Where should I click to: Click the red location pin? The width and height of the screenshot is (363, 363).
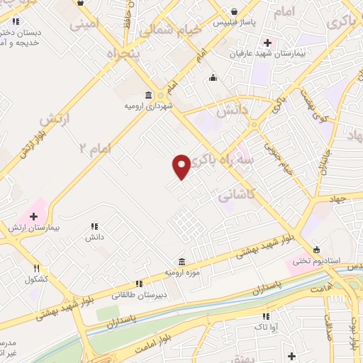181,166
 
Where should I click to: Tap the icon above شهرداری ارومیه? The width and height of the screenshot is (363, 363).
147,95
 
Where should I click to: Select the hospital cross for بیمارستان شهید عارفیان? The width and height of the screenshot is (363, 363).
267,43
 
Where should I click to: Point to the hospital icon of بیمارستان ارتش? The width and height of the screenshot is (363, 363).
33,216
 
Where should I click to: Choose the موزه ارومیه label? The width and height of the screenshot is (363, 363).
183,272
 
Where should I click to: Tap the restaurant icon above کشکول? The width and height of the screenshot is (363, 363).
36,268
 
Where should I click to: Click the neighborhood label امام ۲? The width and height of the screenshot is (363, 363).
92,147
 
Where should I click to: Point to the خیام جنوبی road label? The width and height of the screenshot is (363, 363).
271,150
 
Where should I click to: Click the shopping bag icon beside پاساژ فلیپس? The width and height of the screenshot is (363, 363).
234,11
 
